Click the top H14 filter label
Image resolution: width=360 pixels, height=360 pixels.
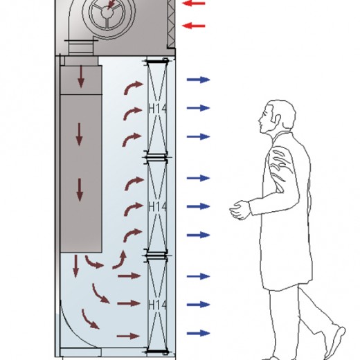[x=157, y=109]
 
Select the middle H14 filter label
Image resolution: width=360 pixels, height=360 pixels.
[x=157, y=206]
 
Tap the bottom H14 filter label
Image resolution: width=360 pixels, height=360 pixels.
[x=157, y=305]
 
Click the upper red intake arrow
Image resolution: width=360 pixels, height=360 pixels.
[x=194, y=3]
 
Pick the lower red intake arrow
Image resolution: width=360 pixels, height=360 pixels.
[x=194, y=26]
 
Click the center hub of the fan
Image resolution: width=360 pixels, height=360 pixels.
[x=107, y=12]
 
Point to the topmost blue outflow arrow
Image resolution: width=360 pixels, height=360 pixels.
[x=198, y=80]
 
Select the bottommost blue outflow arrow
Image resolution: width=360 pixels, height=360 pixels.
[x=198, y=333]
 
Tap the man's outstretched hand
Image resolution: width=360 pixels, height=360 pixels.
[x=240, y=210]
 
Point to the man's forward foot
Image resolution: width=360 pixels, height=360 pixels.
[x=335, y=343]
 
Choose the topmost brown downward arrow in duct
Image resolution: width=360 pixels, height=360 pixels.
[x=81, y=76]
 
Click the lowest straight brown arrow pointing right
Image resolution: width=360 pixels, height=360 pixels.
[x=128, y=336]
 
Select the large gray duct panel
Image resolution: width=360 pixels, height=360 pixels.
[x=81, y=173]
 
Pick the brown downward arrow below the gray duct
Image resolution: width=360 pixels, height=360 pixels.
[x=75, y=266]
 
